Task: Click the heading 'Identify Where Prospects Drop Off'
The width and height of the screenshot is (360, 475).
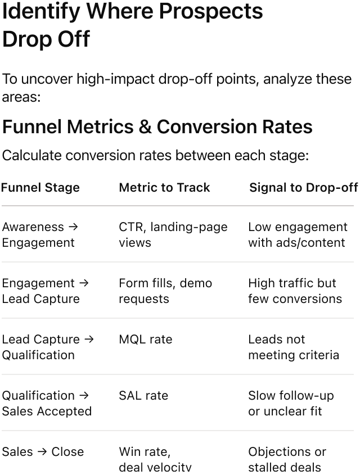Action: click(132, 25)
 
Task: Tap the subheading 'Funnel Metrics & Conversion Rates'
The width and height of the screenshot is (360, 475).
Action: click(157, 127)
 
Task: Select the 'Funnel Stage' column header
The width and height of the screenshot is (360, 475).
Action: click(40, 187)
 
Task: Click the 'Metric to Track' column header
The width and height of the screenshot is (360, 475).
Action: click(164, 187)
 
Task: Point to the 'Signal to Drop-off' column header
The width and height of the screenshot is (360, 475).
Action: click(303, 187)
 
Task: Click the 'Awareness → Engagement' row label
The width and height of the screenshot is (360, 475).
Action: click(40, 234)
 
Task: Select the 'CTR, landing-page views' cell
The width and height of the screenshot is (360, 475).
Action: click(173, 234)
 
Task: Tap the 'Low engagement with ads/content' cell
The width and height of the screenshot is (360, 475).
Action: click(298, 234)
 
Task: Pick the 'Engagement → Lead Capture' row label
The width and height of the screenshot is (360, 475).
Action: click(45, 291)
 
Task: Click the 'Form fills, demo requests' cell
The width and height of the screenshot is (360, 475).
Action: click(165, 291)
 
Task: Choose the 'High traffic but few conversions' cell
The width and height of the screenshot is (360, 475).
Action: click(295, 291)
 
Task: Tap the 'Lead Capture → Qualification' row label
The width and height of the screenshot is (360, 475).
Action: click(48, 347)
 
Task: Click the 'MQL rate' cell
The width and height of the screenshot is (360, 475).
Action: click(146, 340)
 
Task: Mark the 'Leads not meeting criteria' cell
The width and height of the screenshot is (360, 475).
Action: click(294, 347)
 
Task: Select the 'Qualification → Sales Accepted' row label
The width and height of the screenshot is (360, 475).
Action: click(47, 403)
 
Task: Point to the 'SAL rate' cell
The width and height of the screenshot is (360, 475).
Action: click(143, 396)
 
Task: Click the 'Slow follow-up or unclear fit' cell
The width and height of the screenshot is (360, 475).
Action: click(291, 403)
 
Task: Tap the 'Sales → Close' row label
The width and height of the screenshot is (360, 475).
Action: click(43, 452)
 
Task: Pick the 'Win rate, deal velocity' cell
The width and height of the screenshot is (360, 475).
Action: click(155, 459)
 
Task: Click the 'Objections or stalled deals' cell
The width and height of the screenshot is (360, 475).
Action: click(287, 459)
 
